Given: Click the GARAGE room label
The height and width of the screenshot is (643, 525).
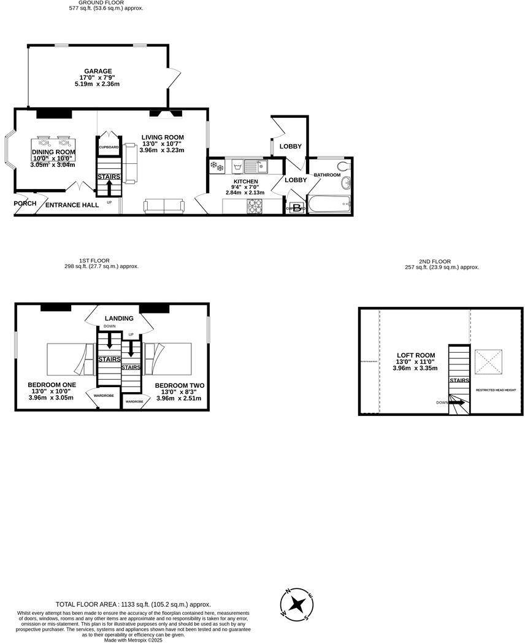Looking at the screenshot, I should coord(98,71).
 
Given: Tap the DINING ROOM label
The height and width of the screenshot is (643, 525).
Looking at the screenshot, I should coord(53,152).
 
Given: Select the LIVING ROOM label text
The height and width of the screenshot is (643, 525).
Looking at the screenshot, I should coord(162,137).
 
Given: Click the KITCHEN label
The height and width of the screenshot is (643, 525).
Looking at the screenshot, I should coord(245,182).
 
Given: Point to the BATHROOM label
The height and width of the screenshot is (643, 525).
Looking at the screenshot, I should coord(327,175).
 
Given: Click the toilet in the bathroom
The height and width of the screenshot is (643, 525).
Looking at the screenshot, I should coord(343,166).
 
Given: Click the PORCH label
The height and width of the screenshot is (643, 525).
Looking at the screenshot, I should coord(25,204).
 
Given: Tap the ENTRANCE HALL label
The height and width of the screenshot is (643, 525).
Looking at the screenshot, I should coord(72,205).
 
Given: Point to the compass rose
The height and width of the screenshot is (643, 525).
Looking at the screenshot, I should coord(297,603).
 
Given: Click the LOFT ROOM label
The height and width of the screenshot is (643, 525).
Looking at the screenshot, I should coord(415,355).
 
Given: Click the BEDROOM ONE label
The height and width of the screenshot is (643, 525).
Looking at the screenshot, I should coord(52,385).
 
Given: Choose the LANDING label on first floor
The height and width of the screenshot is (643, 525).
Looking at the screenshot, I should coord(119,318).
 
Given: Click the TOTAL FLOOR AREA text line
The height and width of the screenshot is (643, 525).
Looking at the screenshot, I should coord(133,604).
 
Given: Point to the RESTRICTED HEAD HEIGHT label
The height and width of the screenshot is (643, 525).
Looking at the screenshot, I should coord(496,390).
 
